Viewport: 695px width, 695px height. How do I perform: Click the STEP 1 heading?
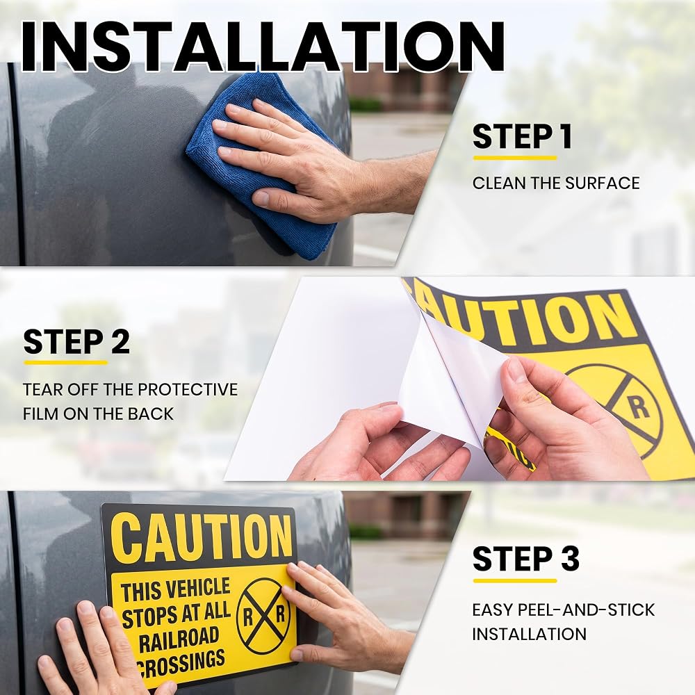(522, 136)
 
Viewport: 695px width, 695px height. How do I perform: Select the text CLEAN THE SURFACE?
(556, 183)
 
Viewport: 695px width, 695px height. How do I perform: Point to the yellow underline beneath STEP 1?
(514, 158)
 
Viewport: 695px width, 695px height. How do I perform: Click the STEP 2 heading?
(76, 342)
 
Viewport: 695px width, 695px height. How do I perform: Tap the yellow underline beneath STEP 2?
(65, 363)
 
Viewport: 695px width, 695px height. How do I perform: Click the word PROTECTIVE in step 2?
(188, 390)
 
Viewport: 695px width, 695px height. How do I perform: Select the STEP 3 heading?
(525, 559)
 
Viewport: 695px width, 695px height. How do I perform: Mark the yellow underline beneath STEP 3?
(514, 580)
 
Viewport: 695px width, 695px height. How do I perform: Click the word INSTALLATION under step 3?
(529, 635)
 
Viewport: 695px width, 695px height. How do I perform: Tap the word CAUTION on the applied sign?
(201, 538)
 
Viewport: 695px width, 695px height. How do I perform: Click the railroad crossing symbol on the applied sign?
(263, 616)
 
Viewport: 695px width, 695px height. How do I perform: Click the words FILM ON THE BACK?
(98, 414)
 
